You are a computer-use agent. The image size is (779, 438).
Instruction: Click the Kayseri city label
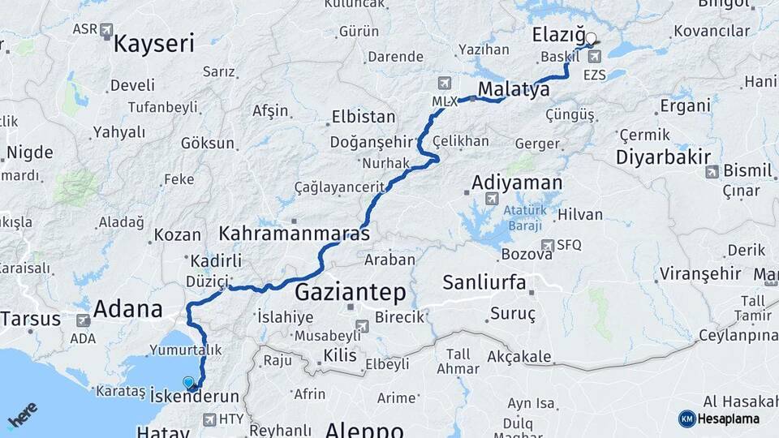pyautogui.click(x=153, y=43)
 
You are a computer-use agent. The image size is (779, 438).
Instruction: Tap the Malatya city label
pyautogui.click(x=514, y=88)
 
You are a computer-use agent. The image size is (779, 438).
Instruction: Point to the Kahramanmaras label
pyautogui.click(x=294, y=234)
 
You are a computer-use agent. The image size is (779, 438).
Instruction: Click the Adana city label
pyautogui.click(x=127, y=308)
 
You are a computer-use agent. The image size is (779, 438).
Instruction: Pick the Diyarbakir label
pyautogui.click(x=663, y=157)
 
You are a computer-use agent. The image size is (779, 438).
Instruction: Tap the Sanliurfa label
pyautogui.click(x=484, y=283)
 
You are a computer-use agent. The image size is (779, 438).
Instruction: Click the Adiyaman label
pyautogui.click(x=516, y=182)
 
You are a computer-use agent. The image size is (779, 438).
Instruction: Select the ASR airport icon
pyautogui.click(x=106, y=31)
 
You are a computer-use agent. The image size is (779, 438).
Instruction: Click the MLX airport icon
pyautogui.click(x=444, y=84)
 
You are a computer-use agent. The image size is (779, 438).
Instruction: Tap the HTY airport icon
pyautogui.click(x=209, y=419)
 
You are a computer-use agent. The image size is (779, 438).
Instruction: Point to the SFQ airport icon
pyautogui.click(x=548, y=245)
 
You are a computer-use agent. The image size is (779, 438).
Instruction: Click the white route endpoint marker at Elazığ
pyautogui.click(x=591, y=37)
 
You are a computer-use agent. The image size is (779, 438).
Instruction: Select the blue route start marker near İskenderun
pyautogui.click(x=189, y=383)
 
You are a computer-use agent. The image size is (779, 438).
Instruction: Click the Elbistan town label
pyautogui.click(x=364, y=117)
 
